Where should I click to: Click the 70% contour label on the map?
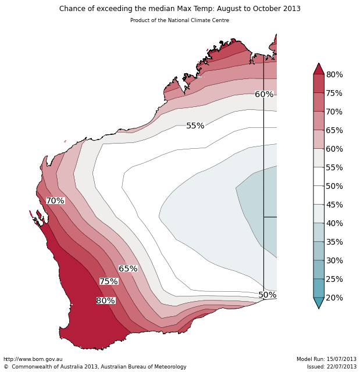tap(55, 201)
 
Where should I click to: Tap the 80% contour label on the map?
tap(106, 301)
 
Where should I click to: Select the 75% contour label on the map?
tap(109, 281)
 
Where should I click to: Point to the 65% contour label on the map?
tap(128, 269)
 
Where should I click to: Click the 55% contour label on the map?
tap(195, 126)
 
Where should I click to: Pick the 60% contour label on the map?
tap(264, 94)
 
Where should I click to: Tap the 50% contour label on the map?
tap(268, 295)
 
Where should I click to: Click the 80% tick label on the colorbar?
tap(334, 74)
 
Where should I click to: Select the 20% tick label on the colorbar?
tap(334, 298)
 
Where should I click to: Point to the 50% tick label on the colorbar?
tap(334, 186)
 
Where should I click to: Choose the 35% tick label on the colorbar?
tap(334, 242)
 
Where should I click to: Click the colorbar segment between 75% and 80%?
tap(319, 84)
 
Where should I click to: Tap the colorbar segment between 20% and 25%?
tap(319, 288)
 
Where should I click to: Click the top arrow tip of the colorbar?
tap(319, 65)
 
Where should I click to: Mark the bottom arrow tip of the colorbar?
tap(319, 307)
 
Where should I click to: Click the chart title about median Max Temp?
tap(180, 9)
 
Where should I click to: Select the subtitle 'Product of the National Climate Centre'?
tap(180, 20)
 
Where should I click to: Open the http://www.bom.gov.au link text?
tap(33, 359)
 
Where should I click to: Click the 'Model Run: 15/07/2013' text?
tap(326, 359)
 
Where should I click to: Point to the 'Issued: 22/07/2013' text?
tap(332, 367)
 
